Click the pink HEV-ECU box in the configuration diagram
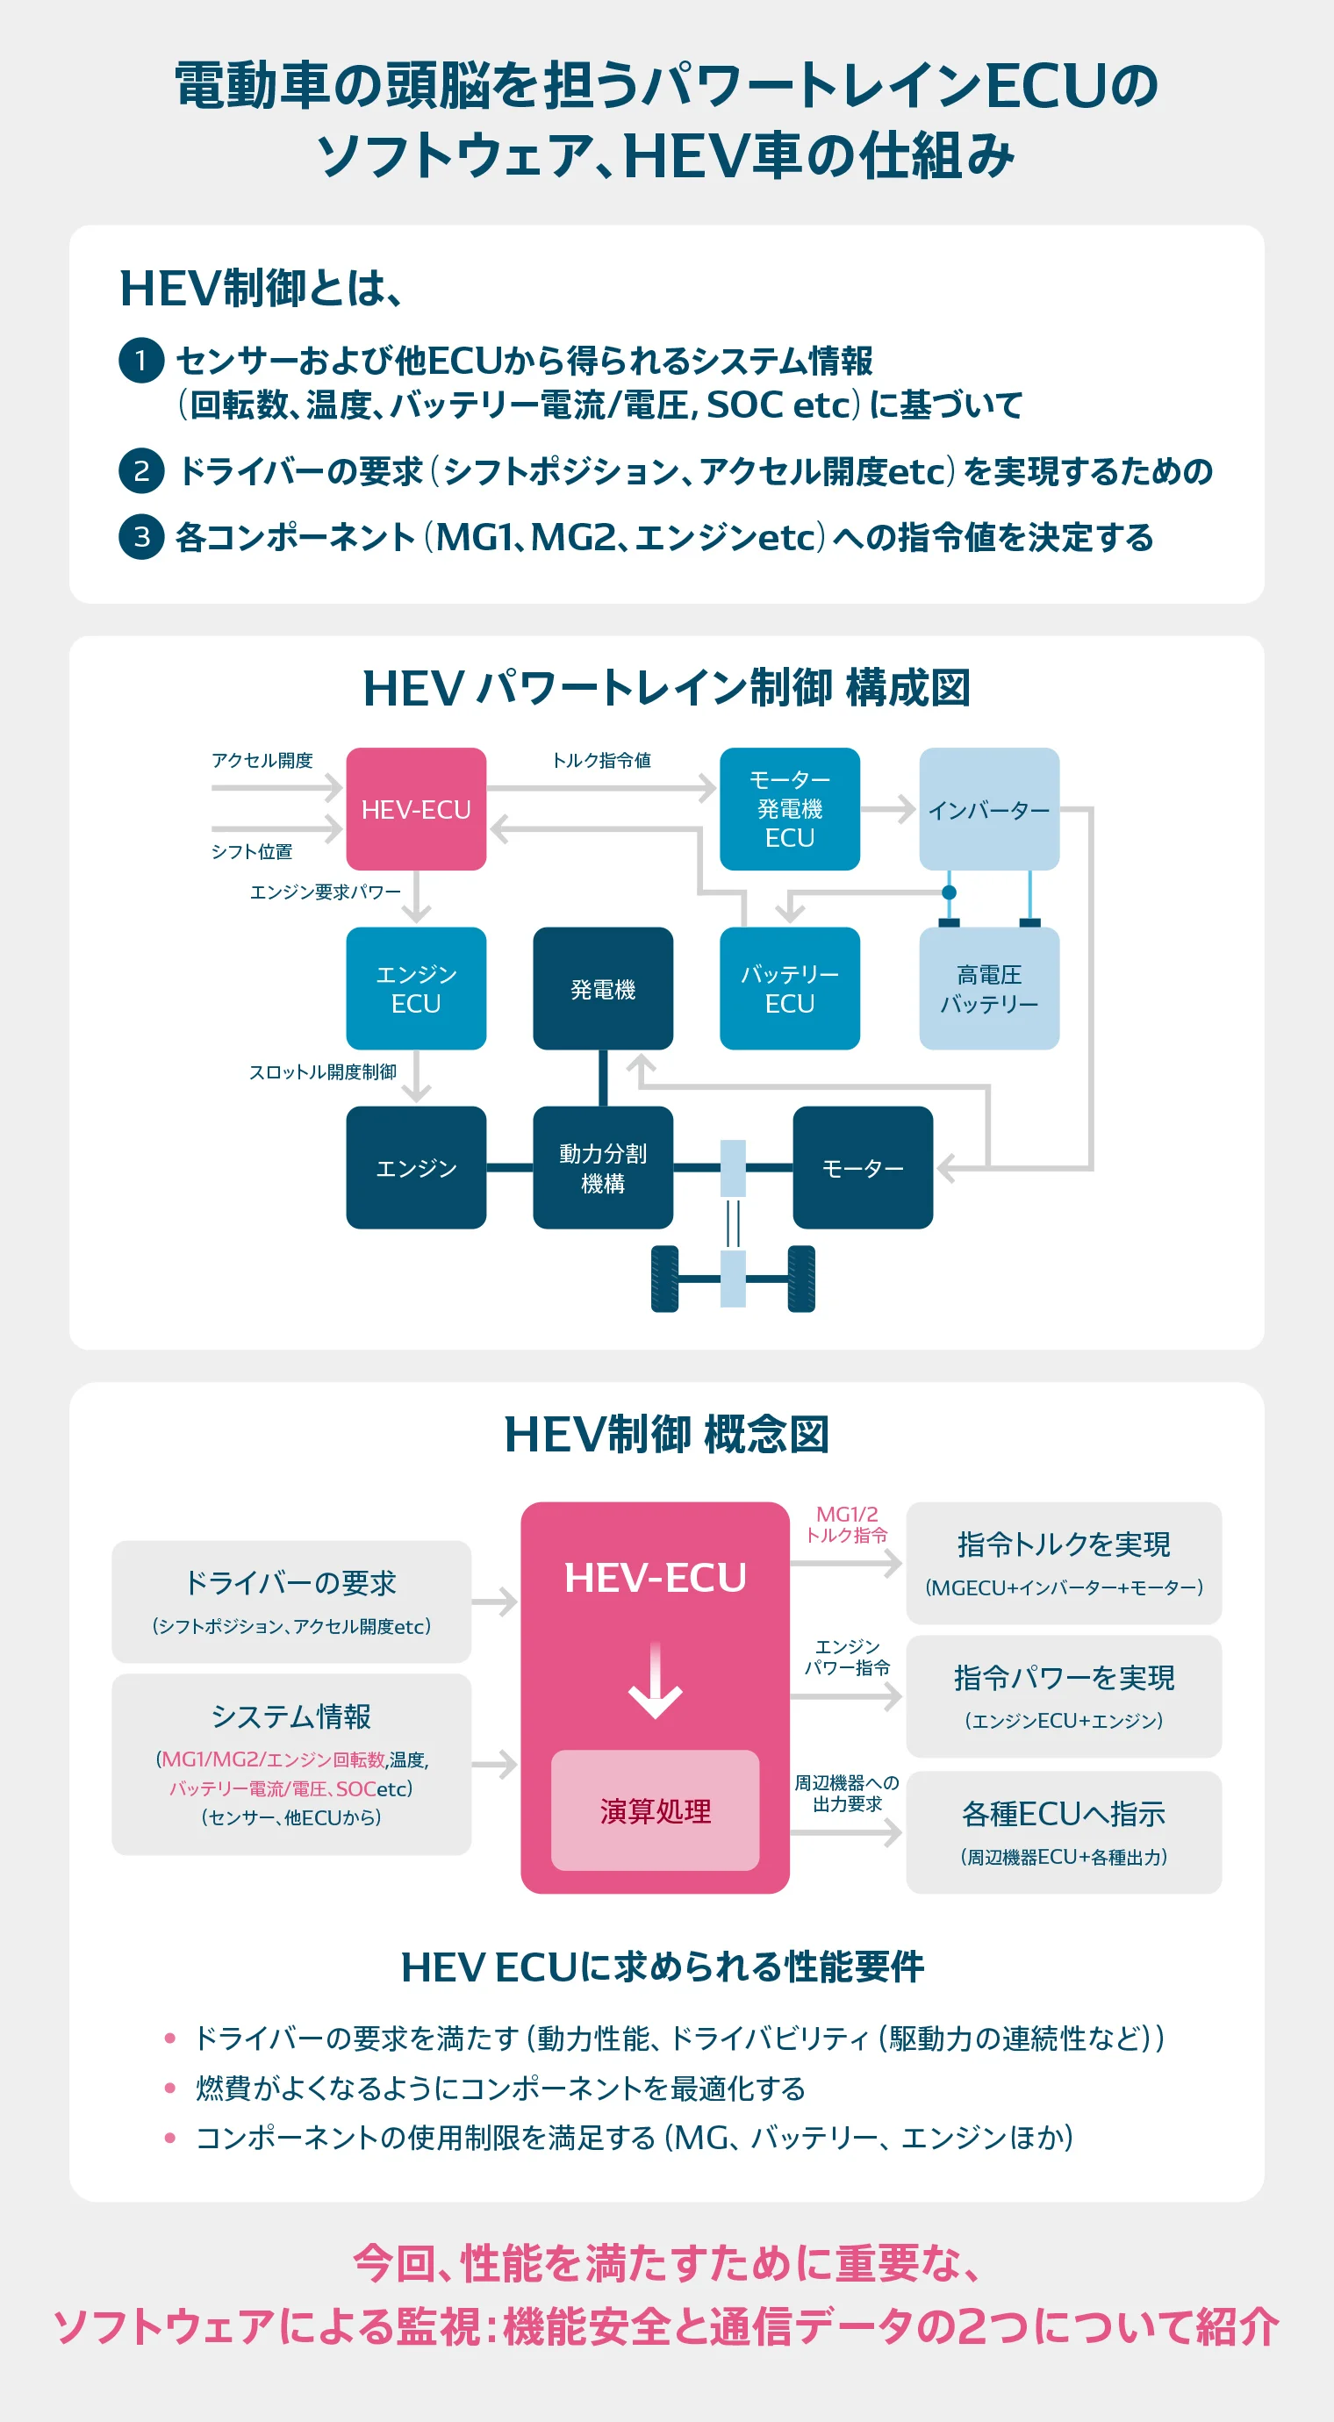415,808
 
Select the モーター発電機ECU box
789,808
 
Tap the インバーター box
988,808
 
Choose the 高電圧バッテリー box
988,988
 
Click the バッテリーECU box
789,988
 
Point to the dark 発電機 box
603,988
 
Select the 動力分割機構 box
603,1168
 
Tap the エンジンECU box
415,988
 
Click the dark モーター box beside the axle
862,1168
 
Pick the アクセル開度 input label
262,760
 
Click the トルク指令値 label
600,760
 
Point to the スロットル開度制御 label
322,1071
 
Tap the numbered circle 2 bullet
141,470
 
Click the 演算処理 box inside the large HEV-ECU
655,1809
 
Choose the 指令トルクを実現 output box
1064,1563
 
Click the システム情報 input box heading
290,1716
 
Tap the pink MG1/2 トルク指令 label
846,1524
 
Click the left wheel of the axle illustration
664,1279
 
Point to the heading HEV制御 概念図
666,1435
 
